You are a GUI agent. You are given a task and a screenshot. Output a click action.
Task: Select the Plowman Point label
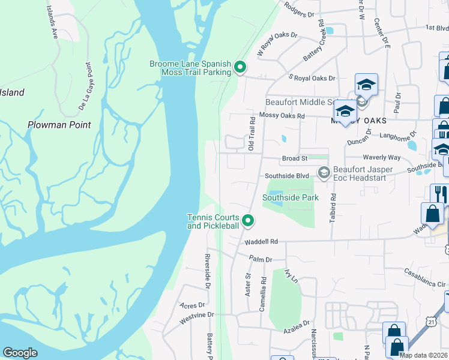click(59, 125)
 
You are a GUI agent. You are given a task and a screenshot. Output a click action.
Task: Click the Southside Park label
click(290, 197)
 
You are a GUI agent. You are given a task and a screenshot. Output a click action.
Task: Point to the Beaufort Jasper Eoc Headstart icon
click(324, 173)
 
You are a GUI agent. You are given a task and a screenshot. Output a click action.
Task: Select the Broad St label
click(295, 158)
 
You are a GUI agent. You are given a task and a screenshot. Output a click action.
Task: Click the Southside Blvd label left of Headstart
click(287, 176)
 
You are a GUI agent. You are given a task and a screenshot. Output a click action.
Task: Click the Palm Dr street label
click(261, 259)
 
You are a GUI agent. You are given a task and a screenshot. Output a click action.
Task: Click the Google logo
click(20, 353)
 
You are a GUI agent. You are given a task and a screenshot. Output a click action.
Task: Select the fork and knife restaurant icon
click(439, 193)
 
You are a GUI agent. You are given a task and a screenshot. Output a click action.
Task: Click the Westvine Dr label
click(197, 314)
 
